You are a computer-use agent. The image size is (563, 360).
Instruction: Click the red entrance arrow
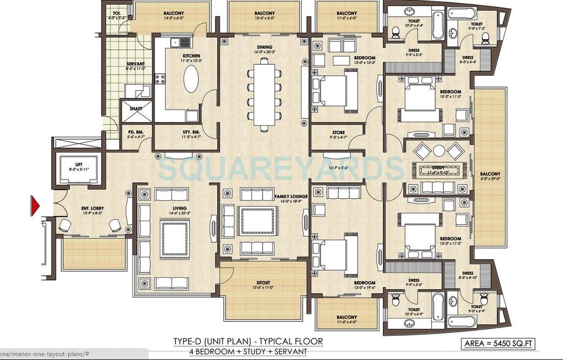36,205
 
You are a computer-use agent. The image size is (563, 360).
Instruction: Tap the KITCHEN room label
191,56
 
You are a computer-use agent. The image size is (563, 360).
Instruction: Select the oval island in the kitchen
191,80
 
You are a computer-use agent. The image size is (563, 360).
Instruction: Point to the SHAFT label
136,109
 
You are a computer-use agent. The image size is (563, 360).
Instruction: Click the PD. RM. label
135,132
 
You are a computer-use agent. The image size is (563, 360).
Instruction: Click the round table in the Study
439,150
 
